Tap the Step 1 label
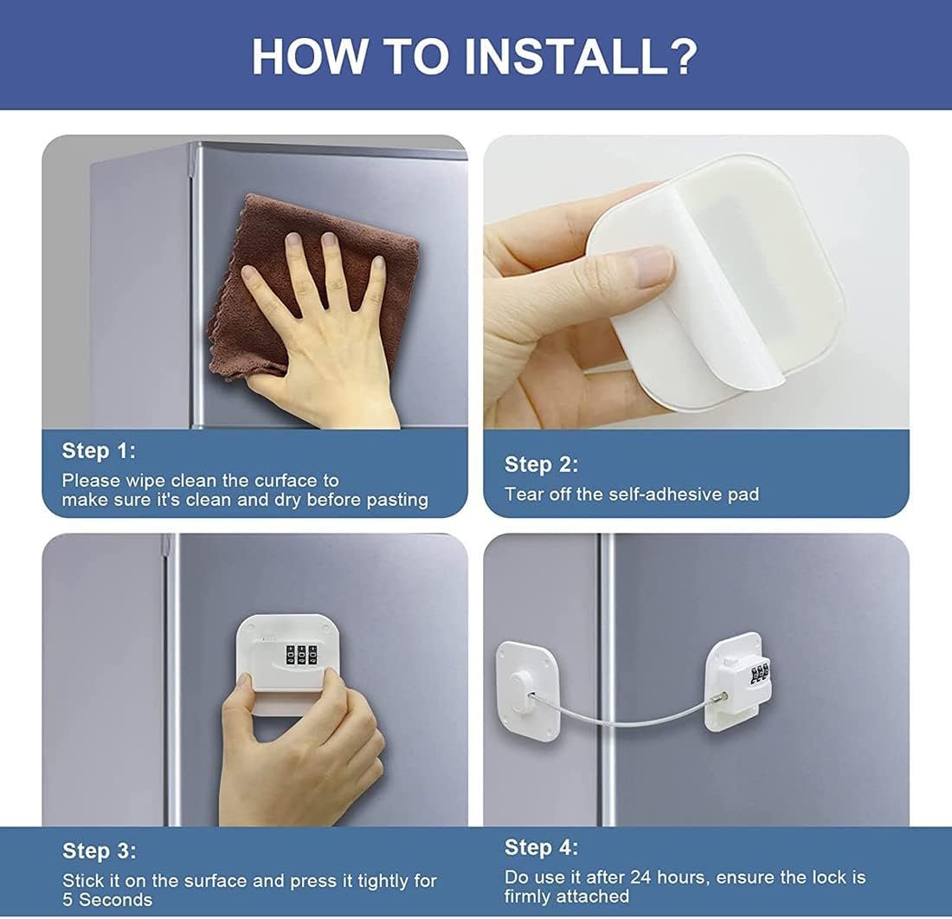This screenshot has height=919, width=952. [99, 450]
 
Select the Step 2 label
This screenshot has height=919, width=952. [541, 464]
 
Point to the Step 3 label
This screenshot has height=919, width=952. [99, 851]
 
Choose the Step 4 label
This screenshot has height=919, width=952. [541, 847]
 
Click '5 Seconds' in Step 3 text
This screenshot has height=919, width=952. [107, 901]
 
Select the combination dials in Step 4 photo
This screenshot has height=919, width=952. [758, 674]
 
